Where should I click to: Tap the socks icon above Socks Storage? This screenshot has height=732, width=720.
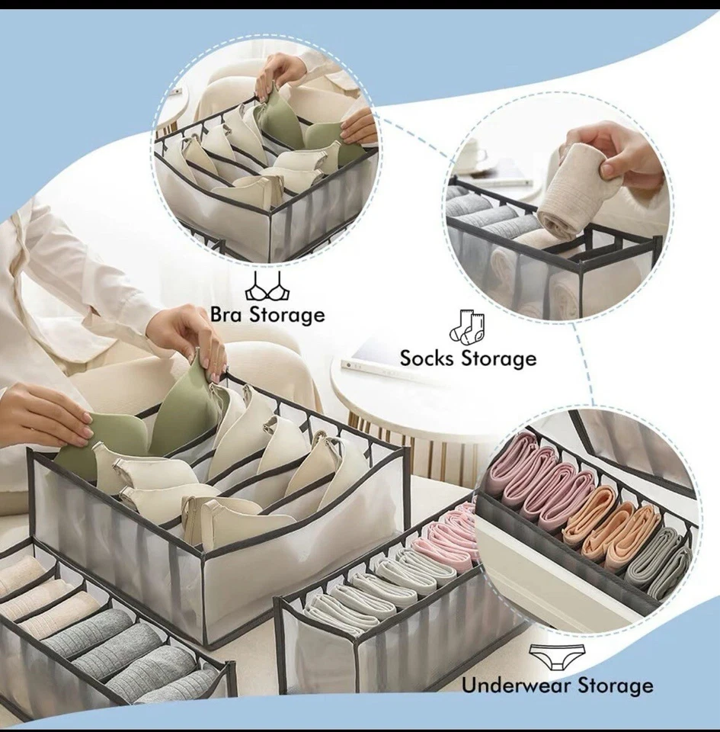click(466, 327)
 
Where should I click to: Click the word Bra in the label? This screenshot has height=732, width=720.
click(226, 315)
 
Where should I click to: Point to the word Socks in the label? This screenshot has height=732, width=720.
click(429, 358)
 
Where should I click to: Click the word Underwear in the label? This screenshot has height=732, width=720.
click(517, 685)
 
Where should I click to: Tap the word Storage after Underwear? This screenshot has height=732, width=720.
click(615, 685)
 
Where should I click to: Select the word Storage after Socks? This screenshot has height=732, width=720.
click(501, 358)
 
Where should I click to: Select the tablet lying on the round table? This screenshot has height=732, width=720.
click(381, 358)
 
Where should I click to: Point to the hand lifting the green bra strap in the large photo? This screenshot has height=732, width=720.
click(187, 335)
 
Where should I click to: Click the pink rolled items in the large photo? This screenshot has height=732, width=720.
click(446, 534)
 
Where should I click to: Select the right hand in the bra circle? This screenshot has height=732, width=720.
click(358, 126)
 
